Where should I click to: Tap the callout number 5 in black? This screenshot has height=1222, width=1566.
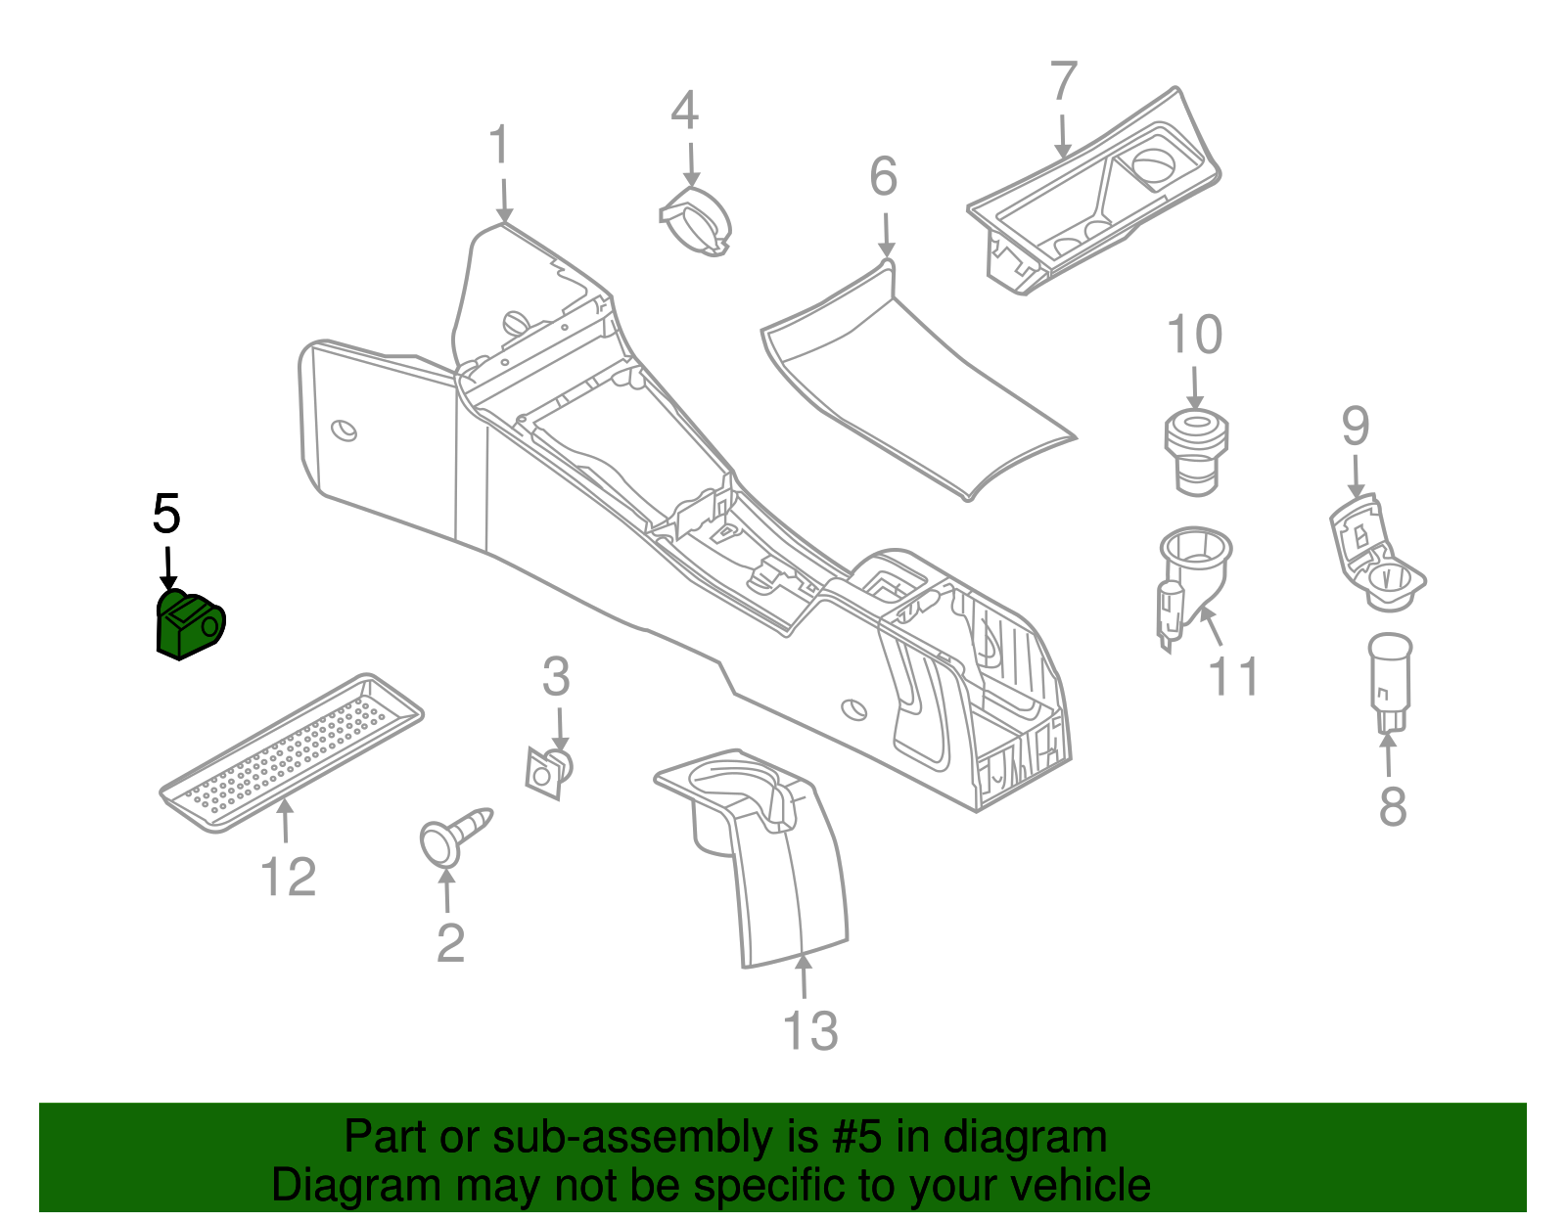pyautogui.click(x=166, y=515)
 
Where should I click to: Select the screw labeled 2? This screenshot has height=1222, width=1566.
pyautogui.click(x=451, y=835)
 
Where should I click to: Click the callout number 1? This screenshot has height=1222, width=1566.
pyautogui.click(x=500, y=146)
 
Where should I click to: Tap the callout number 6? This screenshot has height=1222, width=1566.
pyautogui.click(x=883, y=177)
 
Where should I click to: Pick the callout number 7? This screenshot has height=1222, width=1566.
pyautogui.click(x=1064, y=81)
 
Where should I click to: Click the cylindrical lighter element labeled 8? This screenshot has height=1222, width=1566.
pyautogui.click(x=1389, y=680)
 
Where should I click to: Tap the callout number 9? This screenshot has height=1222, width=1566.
pyautogui.click(x=1355, y=427)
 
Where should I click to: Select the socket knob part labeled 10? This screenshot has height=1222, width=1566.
pyautogui.click(x=1195, y=451)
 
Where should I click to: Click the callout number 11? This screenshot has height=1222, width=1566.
pyautogui.click(x=1234, y=676)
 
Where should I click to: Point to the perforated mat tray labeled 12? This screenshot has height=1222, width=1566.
pyautogui.click(x=292, y=751)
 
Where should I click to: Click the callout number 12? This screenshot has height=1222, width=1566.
pyautogui.click(x=289, y=877)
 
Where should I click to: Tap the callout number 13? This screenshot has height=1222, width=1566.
pyautogui.click(x=810, y=1031)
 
